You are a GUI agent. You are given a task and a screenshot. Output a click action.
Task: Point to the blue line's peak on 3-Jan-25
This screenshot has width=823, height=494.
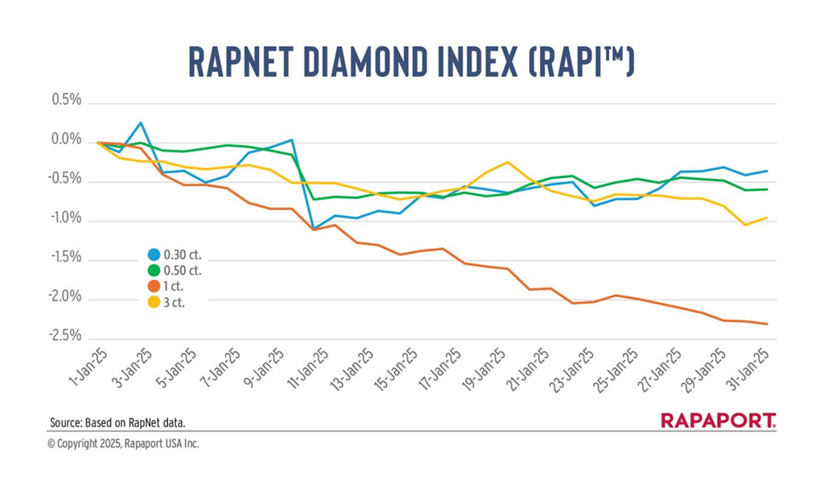click(x=142, y=123)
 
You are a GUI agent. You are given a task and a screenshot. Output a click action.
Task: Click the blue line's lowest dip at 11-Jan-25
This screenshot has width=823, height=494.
click(x=314, y=229)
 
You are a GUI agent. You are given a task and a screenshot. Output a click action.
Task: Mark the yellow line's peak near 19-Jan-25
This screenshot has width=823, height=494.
click(x=507, y=162)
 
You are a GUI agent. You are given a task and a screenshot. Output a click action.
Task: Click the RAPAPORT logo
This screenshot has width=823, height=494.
click(x=718, y=422)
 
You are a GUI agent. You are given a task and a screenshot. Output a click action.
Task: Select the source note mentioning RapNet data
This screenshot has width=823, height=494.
click(x=117, y=422)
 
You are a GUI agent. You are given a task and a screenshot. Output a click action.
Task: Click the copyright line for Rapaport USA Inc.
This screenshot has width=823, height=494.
click(x=123, y=444)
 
